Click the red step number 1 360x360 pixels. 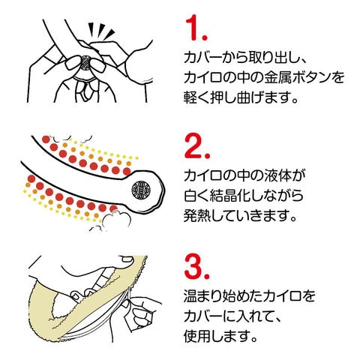(196, 28)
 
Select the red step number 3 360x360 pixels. (197, 267)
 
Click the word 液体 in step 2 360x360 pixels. (278, 175)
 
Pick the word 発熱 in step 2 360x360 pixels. (198, 215)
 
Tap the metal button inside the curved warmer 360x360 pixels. (141, 190)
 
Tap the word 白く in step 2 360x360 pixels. (196, 195)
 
